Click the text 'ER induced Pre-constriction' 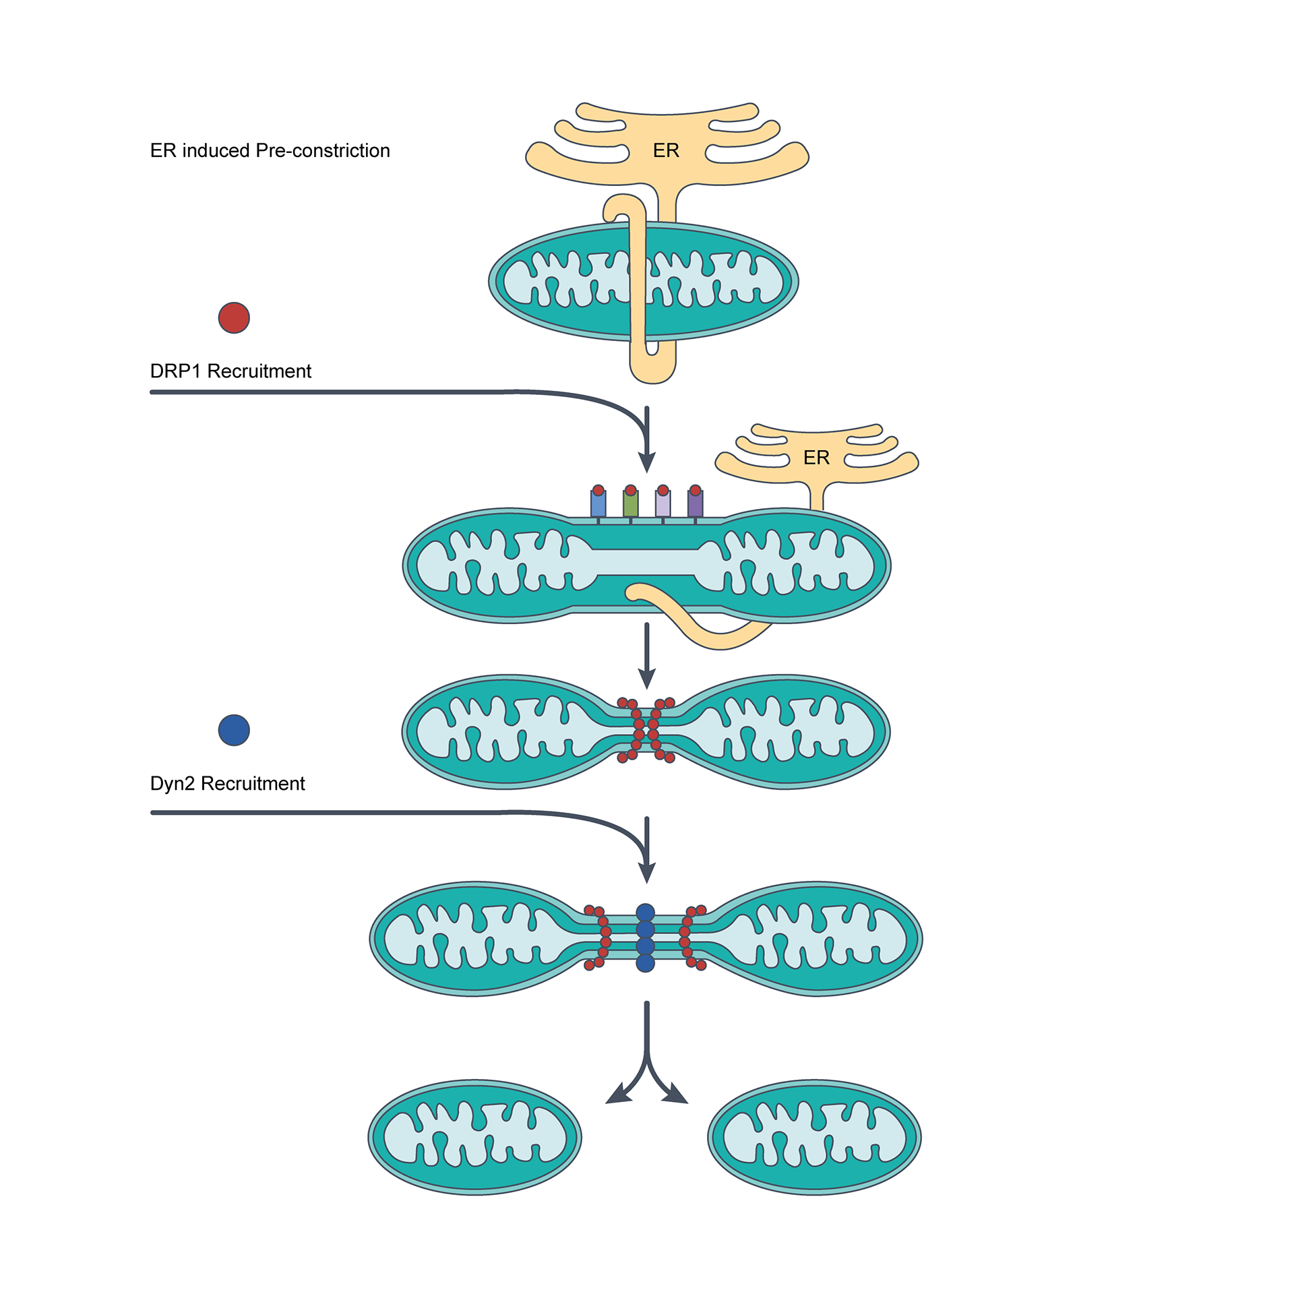coord(270,150)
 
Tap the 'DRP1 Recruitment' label coord(230,371)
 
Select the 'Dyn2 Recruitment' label coord(227,784)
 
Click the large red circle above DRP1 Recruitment coord(234,318)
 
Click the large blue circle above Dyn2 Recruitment coord(234,730)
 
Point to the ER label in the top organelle coord(666,150)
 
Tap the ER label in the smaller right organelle coord(816,458)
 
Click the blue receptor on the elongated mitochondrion coord(598,503)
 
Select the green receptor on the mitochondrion coord(630,503)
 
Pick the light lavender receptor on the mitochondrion coord(663,503)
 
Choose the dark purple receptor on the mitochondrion coord(695,503)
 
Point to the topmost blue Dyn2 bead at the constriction coord(645,913)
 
